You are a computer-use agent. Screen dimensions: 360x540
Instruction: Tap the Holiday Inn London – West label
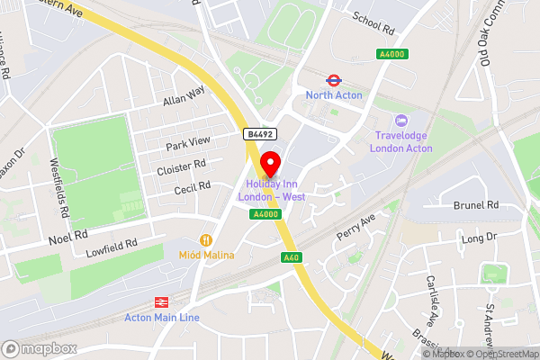tap(270, 191)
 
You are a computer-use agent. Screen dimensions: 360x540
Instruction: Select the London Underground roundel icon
tap(332, 79)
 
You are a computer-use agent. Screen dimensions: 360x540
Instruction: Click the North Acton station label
tap(333, 94)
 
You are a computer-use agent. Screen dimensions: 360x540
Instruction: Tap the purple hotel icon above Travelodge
tap(401, 120)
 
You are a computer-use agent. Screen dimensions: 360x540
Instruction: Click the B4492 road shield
tap(259, 134)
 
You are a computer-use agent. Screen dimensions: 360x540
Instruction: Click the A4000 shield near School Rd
tap(390, 55)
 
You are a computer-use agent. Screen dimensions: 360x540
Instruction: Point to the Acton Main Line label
tap(163, 318)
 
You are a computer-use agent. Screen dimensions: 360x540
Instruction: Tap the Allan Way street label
tap(184, 95)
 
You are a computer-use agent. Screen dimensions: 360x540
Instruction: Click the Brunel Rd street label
tap(476, 205)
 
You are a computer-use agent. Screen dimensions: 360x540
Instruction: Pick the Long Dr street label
tap(478, 238)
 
